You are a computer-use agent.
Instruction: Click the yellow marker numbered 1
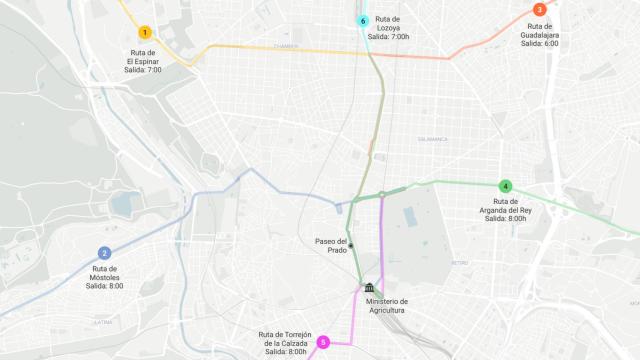pos(145,33)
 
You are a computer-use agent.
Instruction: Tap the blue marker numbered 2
pos(104,253)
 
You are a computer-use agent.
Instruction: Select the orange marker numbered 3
pos(539,10)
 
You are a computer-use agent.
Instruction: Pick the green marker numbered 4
pos(506,186)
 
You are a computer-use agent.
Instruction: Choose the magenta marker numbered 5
pos(323,343)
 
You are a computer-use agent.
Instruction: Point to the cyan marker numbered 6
pos(363,21)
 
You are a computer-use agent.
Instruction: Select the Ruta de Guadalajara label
pos(539,30)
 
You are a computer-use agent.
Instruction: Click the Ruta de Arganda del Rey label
pos(506,206)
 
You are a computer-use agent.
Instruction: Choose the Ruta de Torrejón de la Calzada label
pos(285,339)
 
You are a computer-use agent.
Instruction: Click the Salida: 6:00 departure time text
pos(539,44)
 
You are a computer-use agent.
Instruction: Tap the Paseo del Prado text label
pos(331,245)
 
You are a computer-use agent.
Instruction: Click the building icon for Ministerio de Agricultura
pos(371,288)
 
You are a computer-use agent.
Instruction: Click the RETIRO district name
pos(459,263)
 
